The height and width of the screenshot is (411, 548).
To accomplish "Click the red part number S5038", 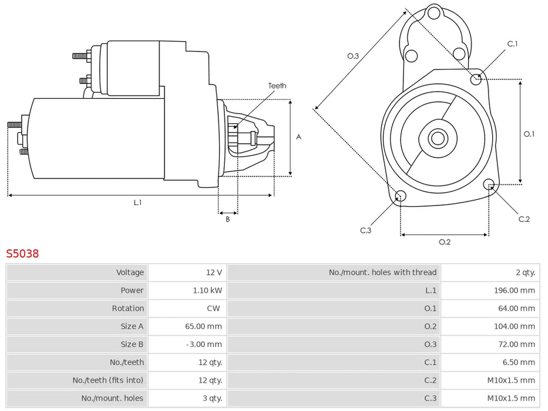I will (x=22, y=254).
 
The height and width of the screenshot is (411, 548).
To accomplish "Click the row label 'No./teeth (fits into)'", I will (x=108, y=380).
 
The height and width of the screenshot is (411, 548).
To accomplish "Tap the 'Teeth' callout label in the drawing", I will (x=277, y=86).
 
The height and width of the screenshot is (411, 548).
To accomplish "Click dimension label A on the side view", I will (x=298, y=137).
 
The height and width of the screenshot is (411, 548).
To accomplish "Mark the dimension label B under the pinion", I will (x=228, y=220).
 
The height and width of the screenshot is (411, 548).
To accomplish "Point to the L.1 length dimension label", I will (x=137, y=203).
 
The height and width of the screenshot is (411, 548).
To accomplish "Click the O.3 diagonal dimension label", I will (x=352, y=56).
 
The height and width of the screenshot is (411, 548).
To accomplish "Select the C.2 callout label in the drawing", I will (x=524, y=219).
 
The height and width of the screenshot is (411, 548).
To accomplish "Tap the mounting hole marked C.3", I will (x=400, y=196).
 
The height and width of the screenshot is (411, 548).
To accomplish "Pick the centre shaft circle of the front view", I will (x=437, y=139).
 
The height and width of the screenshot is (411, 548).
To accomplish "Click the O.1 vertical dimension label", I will (x=529, y=134).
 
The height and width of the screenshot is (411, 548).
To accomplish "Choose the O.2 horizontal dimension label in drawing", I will (x=445, y=242).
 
